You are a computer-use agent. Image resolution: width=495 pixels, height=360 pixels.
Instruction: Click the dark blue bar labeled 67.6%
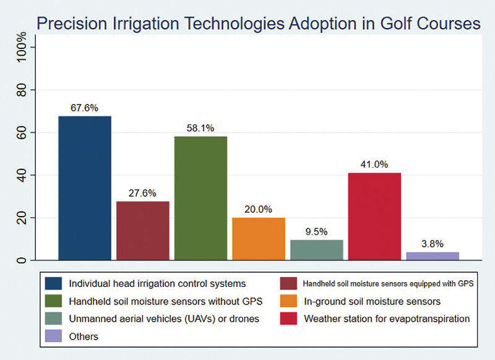coord(85,188)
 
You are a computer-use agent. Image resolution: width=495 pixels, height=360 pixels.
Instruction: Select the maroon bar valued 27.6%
coord(143,231)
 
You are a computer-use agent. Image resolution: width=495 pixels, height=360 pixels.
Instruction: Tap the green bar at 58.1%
coord(200,198)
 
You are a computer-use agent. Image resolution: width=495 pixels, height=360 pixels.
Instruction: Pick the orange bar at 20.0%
coord(259,239)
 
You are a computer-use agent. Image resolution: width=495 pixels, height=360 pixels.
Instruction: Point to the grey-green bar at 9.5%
coord(317,250)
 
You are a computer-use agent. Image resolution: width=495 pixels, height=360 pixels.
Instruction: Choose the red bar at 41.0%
coord(375,216)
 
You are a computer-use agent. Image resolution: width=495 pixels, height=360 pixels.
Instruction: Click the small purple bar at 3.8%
coord(433,256)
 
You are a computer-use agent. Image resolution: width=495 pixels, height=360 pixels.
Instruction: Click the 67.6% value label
coord(85,106)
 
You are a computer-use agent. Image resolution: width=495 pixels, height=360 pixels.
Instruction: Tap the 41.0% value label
coord(375,164)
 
